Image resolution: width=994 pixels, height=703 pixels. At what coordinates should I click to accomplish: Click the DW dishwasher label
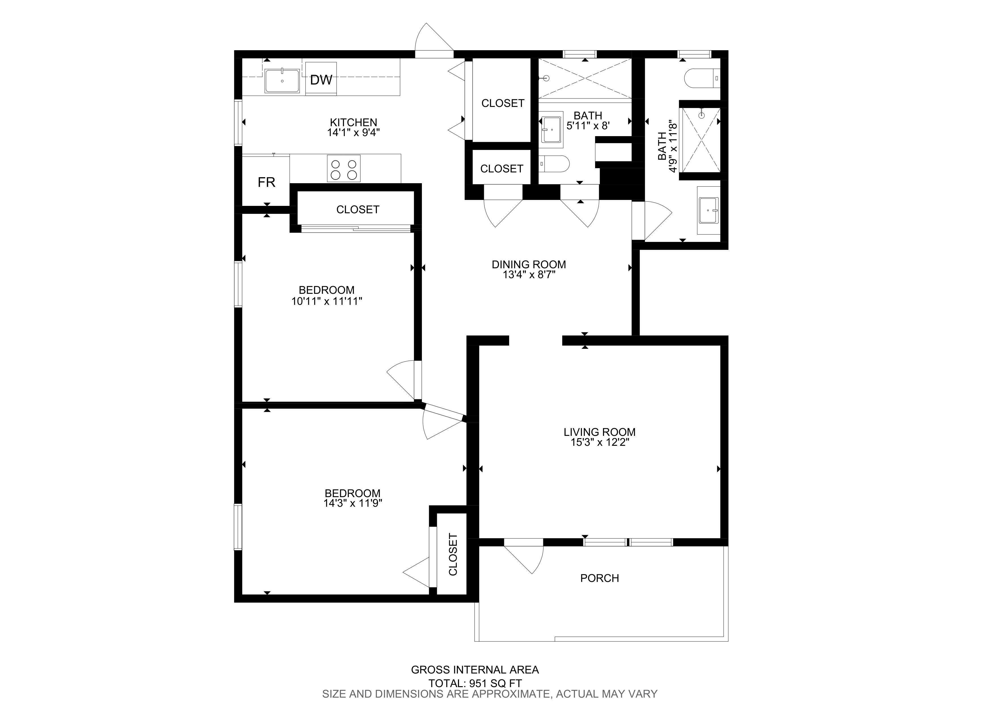(321, 80)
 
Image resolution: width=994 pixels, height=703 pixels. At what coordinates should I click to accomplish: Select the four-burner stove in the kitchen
(344, 168)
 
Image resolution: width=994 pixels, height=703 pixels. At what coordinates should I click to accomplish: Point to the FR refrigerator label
(266, 182)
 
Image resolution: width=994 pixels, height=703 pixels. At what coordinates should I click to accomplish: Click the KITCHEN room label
(354, 123)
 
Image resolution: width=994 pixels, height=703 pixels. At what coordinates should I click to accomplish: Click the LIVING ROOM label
(600, 432)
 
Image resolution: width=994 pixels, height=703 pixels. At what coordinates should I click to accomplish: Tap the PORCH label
(600, 578)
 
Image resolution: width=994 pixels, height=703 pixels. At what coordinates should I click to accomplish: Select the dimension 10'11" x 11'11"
(327, 301)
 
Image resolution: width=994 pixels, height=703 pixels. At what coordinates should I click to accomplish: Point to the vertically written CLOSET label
(453, 554)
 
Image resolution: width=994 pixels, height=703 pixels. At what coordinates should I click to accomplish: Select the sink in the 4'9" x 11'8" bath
(709, 210)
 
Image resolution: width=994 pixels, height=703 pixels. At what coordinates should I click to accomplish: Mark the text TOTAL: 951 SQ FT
(475, 683)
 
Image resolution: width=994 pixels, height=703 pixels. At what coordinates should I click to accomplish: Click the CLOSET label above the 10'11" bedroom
(358, 210)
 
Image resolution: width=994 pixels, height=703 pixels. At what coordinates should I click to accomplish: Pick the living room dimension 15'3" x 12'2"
(600, 442)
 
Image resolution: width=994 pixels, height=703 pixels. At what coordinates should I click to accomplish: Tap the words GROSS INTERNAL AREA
(475, 670)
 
